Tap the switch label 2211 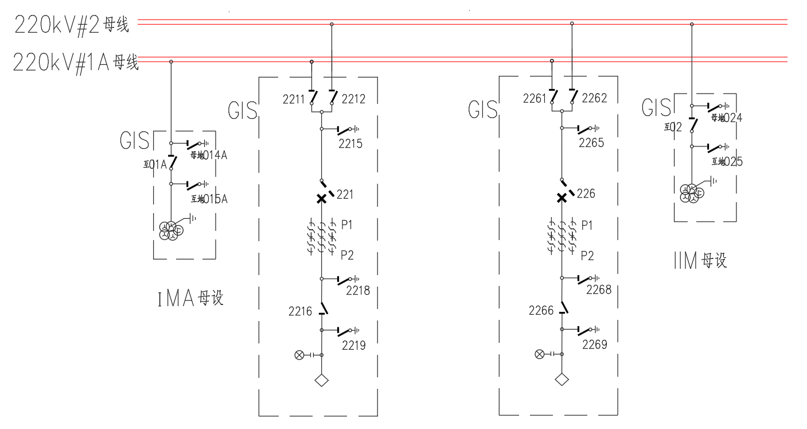pyautogui.click(x=293, y=99)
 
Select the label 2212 pyautogui.click(x=353, y=99)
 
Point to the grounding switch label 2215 pyautogui.click(x=350, y=144)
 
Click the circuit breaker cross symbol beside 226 pyautogui.click(x=562, y=198)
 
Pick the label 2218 pyautogui.click(x=358, y=291)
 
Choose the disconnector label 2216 pyautogui.click(x=300, y=312)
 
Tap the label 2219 pyautogui.click(x=353, y=345)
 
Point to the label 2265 pyautogui.click(x=591, y=144)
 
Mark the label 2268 pyautogui.click(x=599, y=290)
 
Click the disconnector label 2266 pyautogui.click(x=541, y=311)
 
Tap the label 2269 pyautogui.click(x=594, y=345)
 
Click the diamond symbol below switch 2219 pyautogui.click(x=322, y=380)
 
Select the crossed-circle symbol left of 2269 pyautogui.click(x=539, y=354)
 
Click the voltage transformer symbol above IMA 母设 pyautogui.click(x=171, y=229)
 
